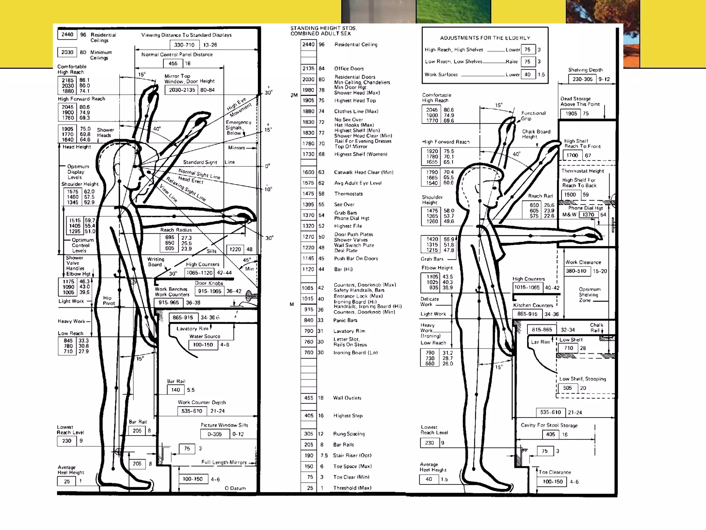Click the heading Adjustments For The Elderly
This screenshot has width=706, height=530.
click(485, 38)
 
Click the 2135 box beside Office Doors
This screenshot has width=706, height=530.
click(308, 68)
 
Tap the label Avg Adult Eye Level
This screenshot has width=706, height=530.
click(357, 183)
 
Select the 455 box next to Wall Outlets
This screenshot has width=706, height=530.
click(308, 398)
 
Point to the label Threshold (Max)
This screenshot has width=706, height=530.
click(352, 488)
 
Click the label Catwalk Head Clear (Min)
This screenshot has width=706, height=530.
click(363, 172)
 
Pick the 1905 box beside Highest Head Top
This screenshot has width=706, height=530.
click(308, 100)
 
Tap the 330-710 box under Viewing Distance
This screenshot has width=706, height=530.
click(184, 45)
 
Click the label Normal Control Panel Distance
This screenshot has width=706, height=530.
click(177, 55)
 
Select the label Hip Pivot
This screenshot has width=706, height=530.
click(108, 301)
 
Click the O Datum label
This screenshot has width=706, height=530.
click(235, 488)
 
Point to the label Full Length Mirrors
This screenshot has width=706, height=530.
click(224, 462)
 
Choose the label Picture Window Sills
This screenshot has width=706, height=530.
click(224, 425)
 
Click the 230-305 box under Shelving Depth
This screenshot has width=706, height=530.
click(582, 79)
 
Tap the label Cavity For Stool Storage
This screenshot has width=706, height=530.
click(549, 425)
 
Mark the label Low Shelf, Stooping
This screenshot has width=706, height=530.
click(582, 379)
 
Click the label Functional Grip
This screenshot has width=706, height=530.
click(533, 116)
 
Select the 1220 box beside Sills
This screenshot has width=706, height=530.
click(235, 249)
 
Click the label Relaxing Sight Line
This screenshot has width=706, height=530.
click(186, 189)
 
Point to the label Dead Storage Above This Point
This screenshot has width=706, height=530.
click(580, 101)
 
